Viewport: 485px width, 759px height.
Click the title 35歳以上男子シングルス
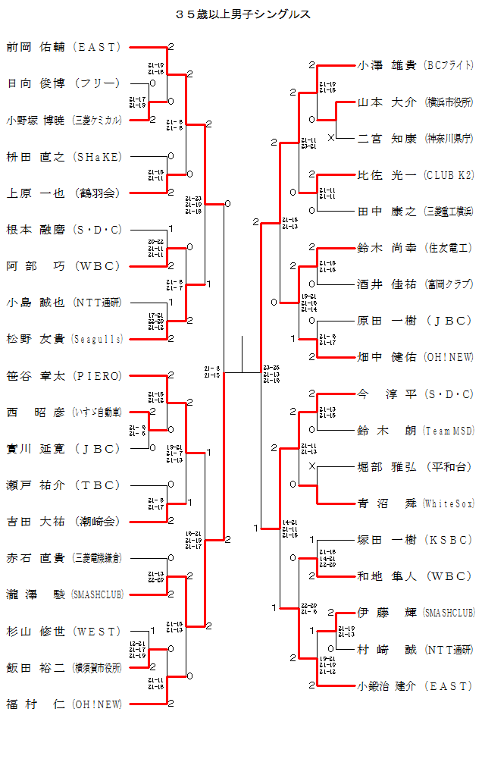click(242, 14)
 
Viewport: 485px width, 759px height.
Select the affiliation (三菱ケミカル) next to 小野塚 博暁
click(97, 120)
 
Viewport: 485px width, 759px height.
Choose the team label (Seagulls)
click(97, 339)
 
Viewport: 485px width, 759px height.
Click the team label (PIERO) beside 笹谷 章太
click(97, 375)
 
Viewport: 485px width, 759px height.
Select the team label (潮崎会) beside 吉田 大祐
click(97, 522)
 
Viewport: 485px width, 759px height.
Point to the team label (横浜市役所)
click(449, 102)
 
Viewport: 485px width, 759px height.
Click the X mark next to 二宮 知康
click(330, 137)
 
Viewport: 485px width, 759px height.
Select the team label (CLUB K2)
click(449, 175)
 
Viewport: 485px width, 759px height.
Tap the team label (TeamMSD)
click(449, 431)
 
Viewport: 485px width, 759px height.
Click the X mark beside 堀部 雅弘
click(312, 466)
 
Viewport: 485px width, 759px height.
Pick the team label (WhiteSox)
click(449, 503)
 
